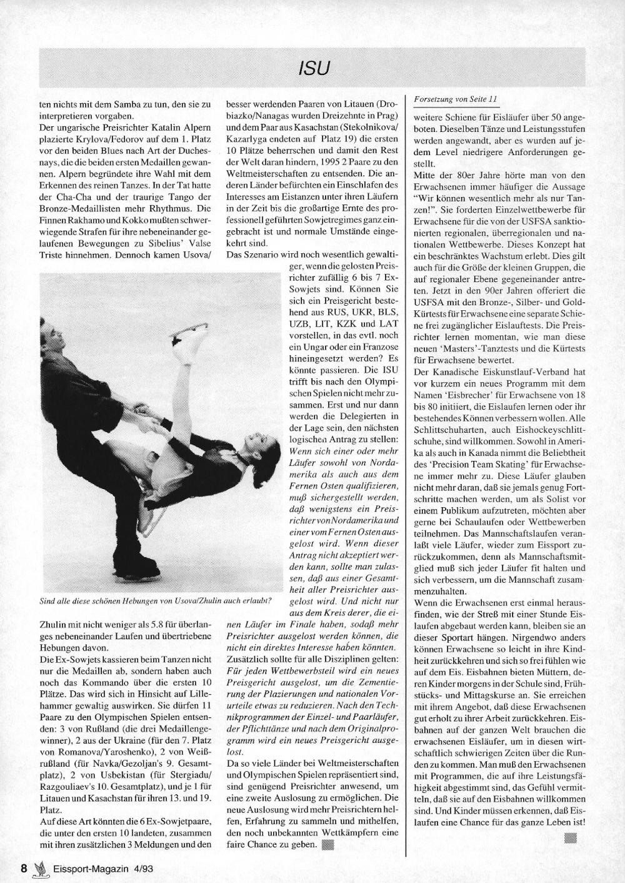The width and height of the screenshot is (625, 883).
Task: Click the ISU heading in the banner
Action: point(312,68)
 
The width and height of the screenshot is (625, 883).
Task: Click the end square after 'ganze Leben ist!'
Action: point(569,838)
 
